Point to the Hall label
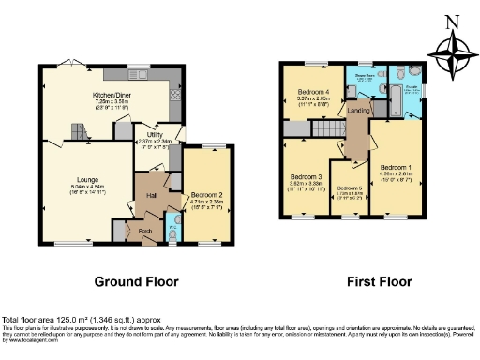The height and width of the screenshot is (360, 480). click(x=152, y=196)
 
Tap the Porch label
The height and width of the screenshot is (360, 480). click(x=145, y=231)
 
